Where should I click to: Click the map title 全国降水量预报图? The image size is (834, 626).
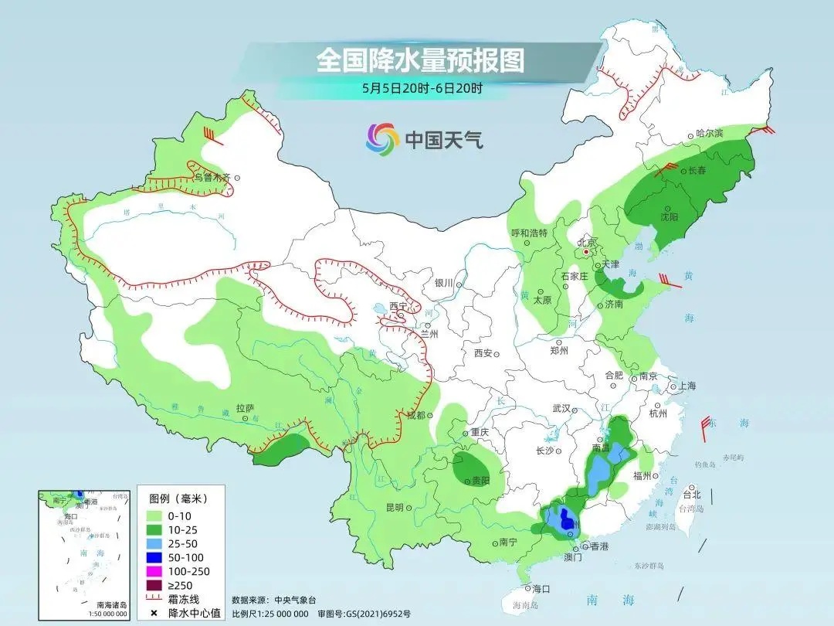tap(420, 60)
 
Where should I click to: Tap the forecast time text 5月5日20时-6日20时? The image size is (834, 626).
tap(422, 88)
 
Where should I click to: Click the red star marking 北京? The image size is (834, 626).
tap(587, 252)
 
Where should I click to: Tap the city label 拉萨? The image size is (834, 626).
tap(245, 407)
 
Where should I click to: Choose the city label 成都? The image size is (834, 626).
tap(415, 415)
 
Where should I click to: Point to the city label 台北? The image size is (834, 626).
tap(691, 495)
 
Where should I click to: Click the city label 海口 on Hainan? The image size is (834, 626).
tap(541, 588)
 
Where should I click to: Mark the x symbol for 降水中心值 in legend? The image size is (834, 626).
tap(154, 613)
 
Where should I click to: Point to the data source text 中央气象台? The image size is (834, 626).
tap(301, 600)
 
